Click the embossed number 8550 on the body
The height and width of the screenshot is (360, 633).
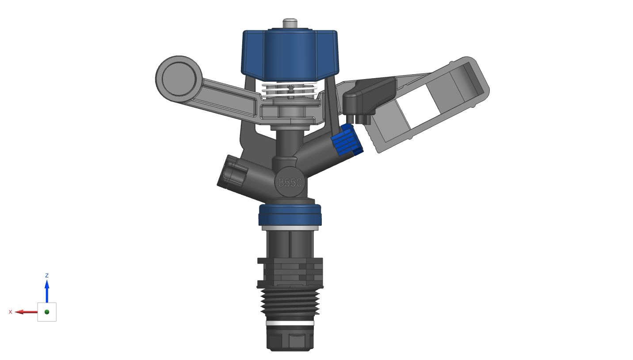(x=290, y=182)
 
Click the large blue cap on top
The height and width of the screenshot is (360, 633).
(x=290, y=53)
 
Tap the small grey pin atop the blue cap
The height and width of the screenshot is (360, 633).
(x=290, y=23)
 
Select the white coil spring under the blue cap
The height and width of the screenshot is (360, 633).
(x=290, y=91)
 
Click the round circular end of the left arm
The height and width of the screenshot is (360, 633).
(x=179, y=78)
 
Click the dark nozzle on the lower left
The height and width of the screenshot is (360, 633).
(x=232, y=173)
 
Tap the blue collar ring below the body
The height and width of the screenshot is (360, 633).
(x=290, y=215)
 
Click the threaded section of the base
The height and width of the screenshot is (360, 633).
(x=290, y=301)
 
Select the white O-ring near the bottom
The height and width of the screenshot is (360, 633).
(x=290, y=323)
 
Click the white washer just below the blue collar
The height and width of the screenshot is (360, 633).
(x=290, y=228)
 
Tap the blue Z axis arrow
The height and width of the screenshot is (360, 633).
(x=47, y=289)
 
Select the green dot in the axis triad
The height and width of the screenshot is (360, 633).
(x=47, y=312)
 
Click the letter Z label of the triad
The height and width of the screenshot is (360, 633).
(x=47, y=275)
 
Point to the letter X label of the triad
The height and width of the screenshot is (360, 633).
(x=11, y=312)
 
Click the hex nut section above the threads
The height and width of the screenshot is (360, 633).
(x=290, y=272)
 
